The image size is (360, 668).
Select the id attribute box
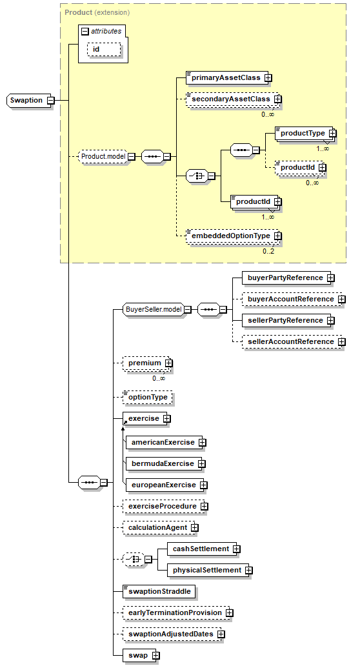pyautogui.click(x=104, y=50)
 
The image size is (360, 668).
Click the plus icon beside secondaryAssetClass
pyautogui.click(x=278, y=99)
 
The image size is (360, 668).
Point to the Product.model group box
pyautogui.click(x=103, y=156)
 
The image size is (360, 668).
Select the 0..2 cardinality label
pyautogui.click(x=268, y=251)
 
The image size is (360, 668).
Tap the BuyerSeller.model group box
pyautogui.click(x=154, y=310)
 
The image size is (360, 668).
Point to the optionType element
pyautogui.click(x=147, y=397)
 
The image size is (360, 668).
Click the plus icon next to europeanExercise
pyautogui.click(x=204, y=485)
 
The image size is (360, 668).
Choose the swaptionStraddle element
pyautogui.click(x=159, y=591)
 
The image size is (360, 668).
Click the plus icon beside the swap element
pyautogui.click(x=156, y=655)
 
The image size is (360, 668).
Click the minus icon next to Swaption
pyautogui.click(x=50, y=101)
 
